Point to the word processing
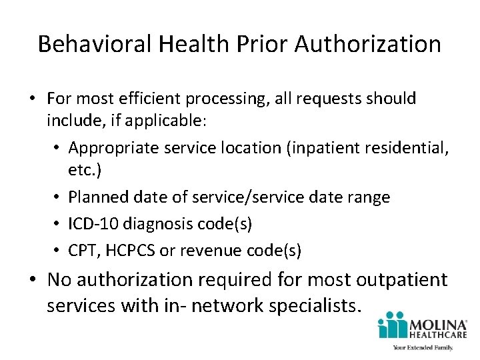point(219,99)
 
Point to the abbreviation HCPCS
point(134,251)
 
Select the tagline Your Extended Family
point(423,347)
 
